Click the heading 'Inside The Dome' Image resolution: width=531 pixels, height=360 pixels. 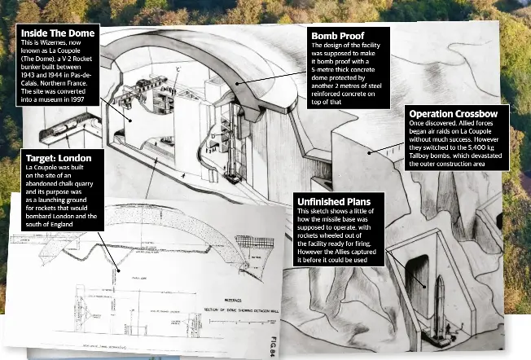58,33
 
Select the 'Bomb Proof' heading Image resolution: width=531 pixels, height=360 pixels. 337,36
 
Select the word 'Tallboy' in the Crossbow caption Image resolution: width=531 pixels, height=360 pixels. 420,156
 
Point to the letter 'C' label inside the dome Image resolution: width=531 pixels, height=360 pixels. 178,70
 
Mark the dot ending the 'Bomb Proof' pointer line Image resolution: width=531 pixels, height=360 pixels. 238,82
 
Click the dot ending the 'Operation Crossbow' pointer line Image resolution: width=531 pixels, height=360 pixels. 369,151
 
